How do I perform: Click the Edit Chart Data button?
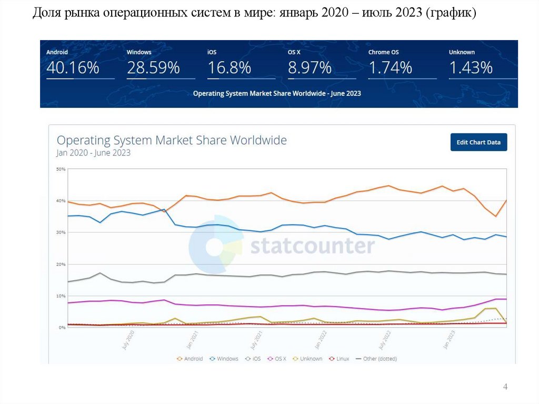(x=478, y=142)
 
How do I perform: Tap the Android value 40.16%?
(x=73, y=68)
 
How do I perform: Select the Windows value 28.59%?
(x=153, y=68)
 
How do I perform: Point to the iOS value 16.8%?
(x=229, y=68)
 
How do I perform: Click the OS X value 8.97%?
(x=310, y=68)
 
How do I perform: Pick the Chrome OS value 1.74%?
(x=390, y=68)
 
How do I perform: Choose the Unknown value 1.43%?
(x=471, y=68)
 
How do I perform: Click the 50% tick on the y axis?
(x=61, y=169)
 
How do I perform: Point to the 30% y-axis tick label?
(x=61, y=232)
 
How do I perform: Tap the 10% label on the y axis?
(x=61, y=296)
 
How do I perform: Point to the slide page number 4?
(x=505, y=387)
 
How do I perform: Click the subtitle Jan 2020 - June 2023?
(x=93, y=153)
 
